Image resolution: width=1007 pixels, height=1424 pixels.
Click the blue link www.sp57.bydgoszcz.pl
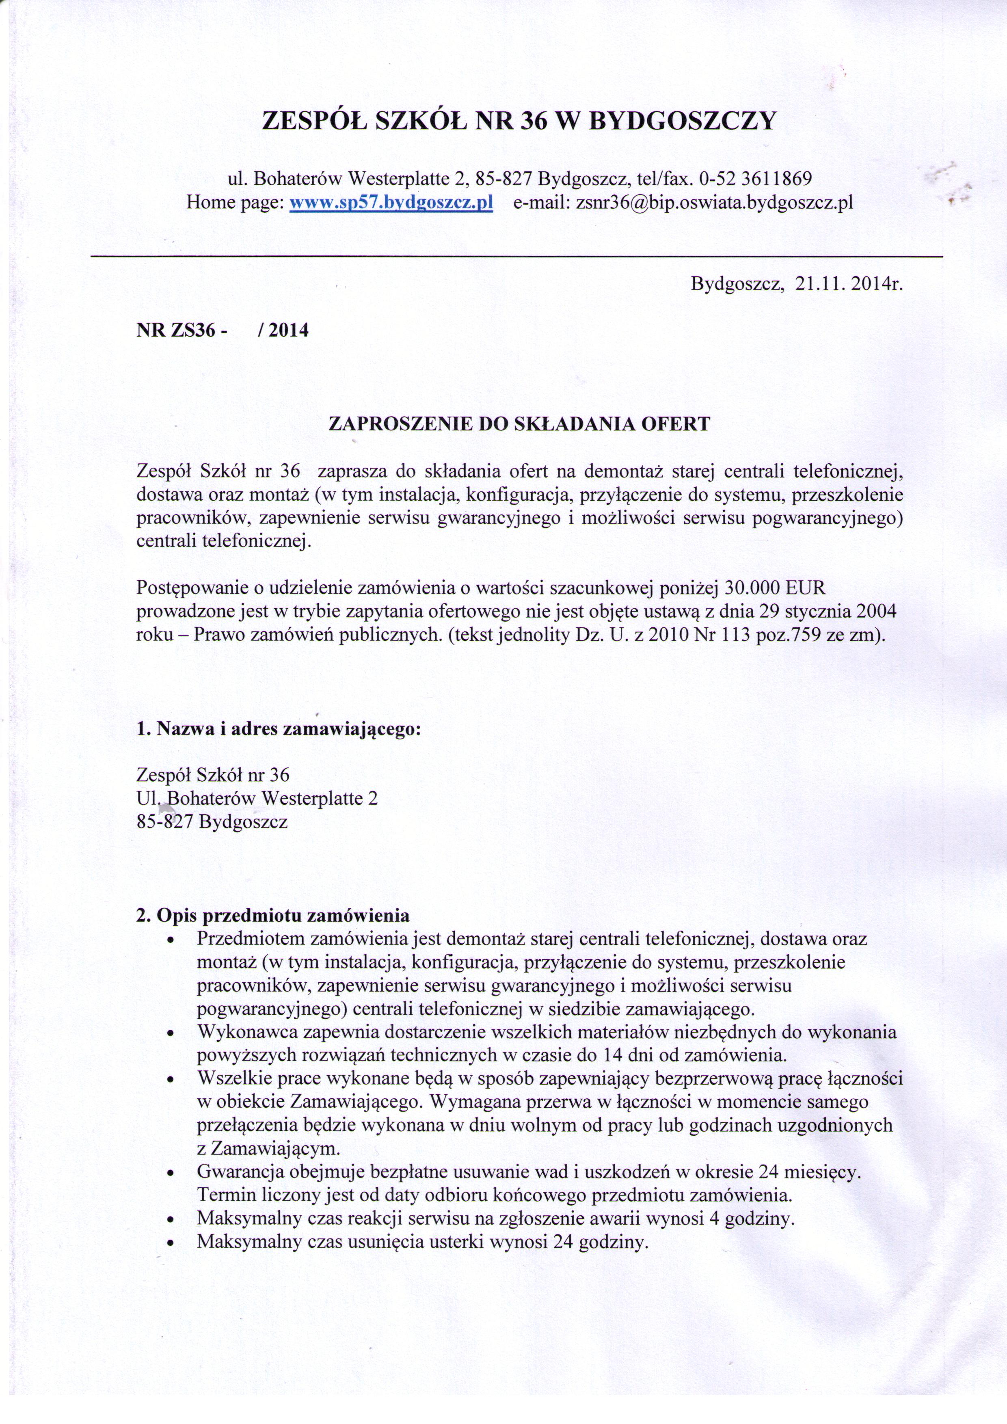(391, 203)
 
